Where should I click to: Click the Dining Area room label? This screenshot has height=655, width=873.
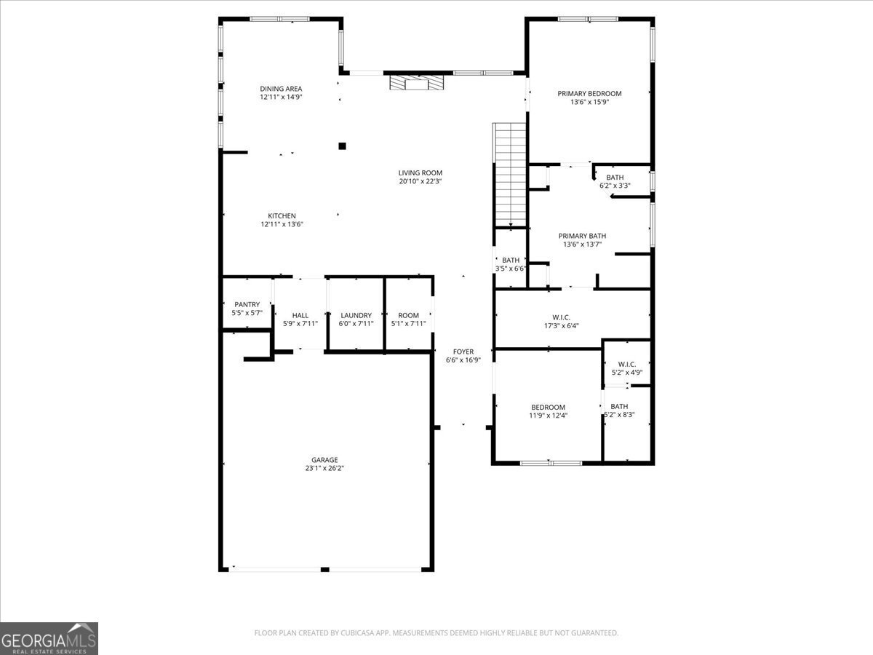click(x=281, y=89)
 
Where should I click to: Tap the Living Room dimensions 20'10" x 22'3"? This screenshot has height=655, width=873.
click(x=420, y=182)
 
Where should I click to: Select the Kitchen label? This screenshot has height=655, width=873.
click(x=282, y=215)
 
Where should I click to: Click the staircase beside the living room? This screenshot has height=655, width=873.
click(x=510, y=175)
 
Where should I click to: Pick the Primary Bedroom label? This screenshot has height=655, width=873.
click(x=589, y=93)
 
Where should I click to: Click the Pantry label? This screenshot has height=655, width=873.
click(x=247, y=304)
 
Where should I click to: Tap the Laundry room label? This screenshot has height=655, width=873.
click(x=356, y=315)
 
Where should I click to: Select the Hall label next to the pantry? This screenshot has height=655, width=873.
click(x=300, y=315)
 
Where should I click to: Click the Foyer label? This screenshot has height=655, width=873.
click(x=463, y=352)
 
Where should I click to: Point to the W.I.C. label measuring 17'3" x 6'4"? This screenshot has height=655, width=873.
click(x=561, y=317)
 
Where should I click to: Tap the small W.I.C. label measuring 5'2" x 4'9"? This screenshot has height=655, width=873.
click(x=626, y=364)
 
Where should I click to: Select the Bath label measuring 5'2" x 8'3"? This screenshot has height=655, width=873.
click(x=619, y=406)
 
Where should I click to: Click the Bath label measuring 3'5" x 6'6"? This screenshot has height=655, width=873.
click(x=511, y=260)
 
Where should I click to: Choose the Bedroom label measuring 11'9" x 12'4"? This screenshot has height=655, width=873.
click(x=548, y=407)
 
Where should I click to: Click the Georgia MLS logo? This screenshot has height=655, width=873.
click(x=49, y=638)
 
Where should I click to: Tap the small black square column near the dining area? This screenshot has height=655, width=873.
click(x=342, y=146)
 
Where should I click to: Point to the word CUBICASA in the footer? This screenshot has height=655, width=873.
click(x=359, y=633)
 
